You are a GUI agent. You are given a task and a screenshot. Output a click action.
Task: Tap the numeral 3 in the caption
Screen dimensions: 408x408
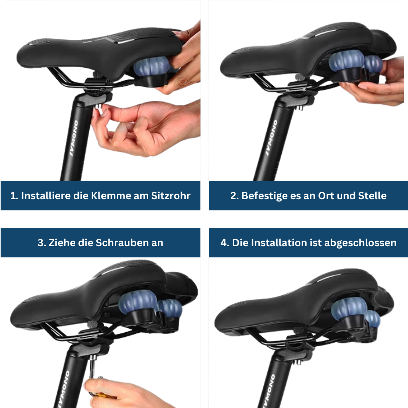[41, 243]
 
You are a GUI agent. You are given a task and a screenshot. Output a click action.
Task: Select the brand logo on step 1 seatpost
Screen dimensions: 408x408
[74, 138]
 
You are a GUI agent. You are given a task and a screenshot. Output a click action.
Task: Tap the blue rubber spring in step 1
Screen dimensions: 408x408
[150, 67]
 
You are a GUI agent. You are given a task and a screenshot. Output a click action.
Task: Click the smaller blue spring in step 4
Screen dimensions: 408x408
[373, 320]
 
